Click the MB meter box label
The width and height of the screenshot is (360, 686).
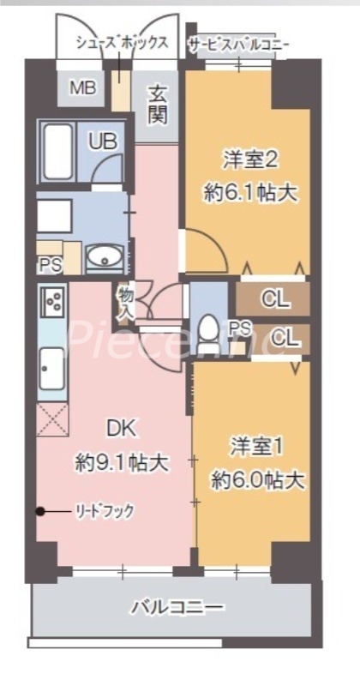click(83, 87)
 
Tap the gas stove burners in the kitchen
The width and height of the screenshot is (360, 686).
click(51, 301)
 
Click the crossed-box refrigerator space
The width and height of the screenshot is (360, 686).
click(51, 419)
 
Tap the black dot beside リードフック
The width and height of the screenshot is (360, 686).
click(39, 512)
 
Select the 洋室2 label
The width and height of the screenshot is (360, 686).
click(248, 159)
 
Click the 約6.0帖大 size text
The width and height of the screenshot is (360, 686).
click(257, 479)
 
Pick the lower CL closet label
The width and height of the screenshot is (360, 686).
click(285, 339)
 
